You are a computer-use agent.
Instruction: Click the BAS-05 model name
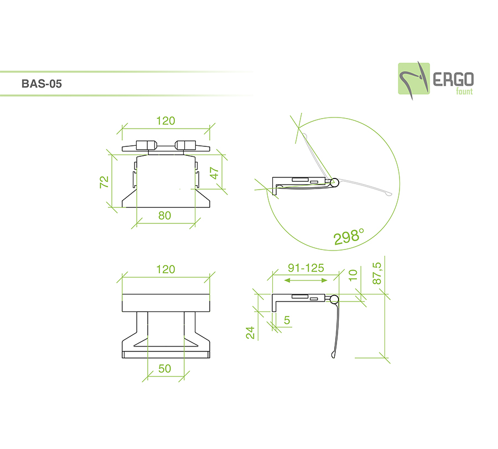41,84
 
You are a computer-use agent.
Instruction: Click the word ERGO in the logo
453,79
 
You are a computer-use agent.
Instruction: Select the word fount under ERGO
464,91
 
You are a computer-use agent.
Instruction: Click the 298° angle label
349,237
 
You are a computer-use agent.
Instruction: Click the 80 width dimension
165,216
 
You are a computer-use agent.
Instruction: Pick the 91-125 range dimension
306,268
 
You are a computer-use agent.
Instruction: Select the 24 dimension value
251,333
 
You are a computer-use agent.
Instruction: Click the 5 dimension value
287,320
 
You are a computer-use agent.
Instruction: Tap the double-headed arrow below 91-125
305,280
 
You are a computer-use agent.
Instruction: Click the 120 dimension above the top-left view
165,121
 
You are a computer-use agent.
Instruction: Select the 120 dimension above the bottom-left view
165,269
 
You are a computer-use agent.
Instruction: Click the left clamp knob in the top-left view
145,145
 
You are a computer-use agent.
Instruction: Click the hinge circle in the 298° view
334,182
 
